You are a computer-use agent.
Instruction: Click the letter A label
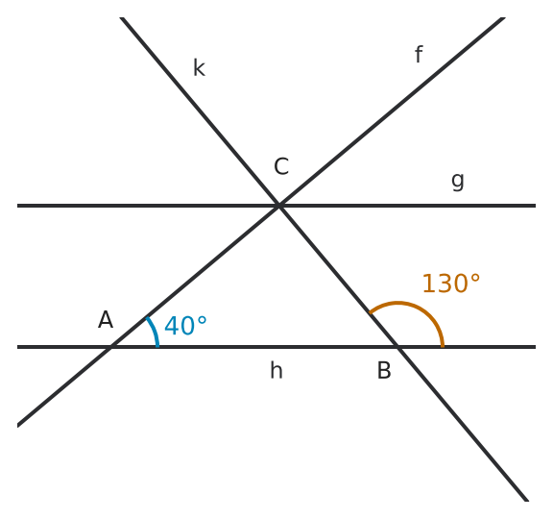106,320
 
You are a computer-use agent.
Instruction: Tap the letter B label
384,370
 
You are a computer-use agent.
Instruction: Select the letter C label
281,166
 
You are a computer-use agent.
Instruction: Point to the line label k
200,67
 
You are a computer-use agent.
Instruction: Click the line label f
419,54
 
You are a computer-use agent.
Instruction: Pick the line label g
458,182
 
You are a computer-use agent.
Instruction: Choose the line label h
276,370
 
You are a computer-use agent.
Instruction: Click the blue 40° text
185,326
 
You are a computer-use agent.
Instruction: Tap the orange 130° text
451,284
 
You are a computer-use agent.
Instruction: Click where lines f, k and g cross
279,206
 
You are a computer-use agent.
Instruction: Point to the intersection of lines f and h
110,347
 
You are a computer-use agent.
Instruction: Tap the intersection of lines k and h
397,347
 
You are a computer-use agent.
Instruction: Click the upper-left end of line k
121,17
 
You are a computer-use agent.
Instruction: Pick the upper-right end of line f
504,17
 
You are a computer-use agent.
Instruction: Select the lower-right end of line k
527,501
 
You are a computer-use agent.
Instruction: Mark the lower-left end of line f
17,425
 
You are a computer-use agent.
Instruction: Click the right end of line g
536,206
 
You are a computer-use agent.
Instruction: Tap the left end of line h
17,347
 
